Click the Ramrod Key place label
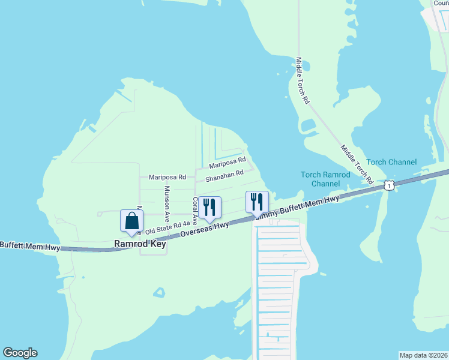click(140, 245)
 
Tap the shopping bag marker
click(131, 221)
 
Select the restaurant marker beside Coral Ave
click(209, 208)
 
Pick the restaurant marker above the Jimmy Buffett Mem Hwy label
click(257, 202)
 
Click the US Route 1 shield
click(390, 186)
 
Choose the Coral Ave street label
click(194, 211)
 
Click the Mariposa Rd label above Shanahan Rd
click(228, 162)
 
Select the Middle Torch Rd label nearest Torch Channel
click(357, 164)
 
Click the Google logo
click(20, 353)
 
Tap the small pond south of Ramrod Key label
click(159, 293)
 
